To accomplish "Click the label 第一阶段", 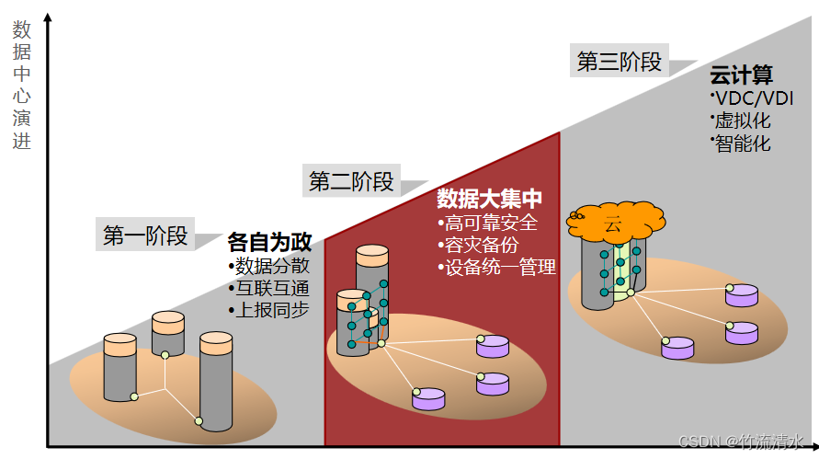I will click(x=144, y=236).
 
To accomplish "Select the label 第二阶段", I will click(x=351, y=181).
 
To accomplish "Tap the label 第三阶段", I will click(x=619, y=62).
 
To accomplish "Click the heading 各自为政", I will click(x=269, y=243).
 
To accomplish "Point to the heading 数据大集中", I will click(x=489, y=199).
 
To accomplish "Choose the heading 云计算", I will click(x=742, y=75).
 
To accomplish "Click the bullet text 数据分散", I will click(x=272, y=267).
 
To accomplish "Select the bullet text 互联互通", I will click(x=272, y=288).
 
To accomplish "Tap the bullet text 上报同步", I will click(x=272, y=310).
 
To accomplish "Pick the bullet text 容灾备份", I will click(x=481, y=246).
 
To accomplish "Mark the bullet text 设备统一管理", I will click(x=500, y=268).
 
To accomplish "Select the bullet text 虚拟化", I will click(x=743, y=120).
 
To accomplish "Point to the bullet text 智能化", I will click(x=743, y=143).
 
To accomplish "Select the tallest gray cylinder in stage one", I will click(x=217, y=382).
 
